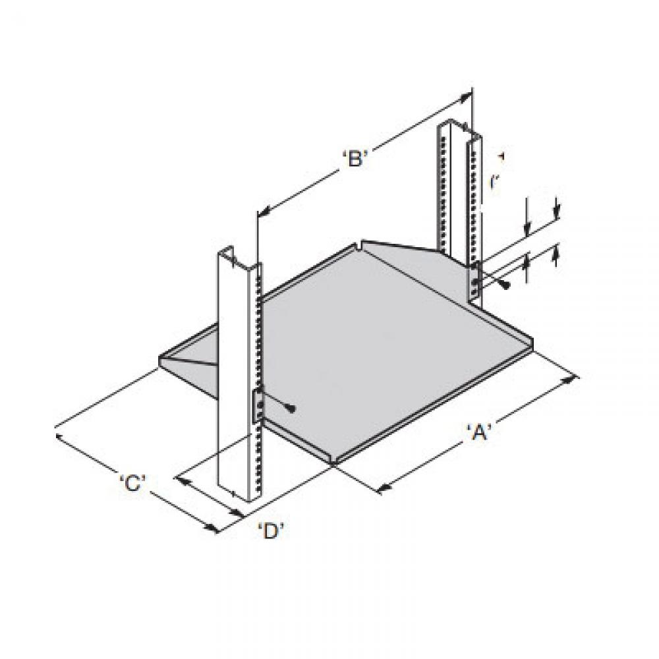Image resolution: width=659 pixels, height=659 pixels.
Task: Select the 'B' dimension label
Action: [355, 159]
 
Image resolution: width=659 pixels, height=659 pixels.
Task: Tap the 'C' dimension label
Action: [132, 482]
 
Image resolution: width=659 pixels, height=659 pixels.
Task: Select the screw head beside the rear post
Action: [505, 284]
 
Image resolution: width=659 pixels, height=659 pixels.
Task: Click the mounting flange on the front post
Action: [258, 405]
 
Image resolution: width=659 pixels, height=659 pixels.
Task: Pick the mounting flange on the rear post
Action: [474, 280]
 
